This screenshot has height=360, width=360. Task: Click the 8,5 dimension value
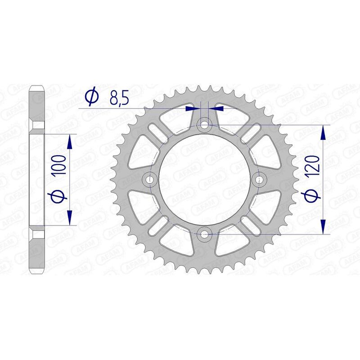118,97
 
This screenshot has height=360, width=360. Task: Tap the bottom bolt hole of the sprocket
205,234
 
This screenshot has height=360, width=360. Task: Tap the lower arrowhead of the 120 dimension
322,226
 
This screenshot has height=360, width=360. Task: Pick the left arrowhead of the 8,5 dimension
194,108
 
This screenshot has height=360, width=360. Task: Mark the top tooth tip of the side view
38,87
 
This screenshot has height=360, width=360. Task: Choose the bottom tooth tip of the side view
38,271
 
